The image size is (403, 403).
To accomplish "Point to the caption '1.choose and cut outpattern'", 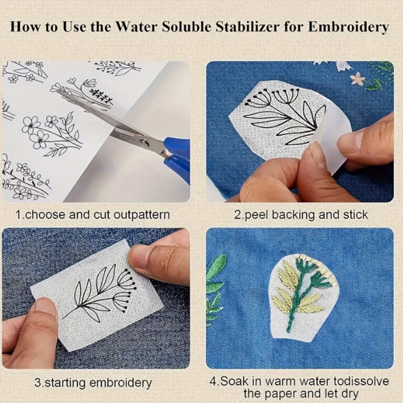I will click(x=92, y=214).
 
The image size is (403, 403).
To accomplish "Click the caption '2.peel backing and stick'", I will click(x=301, y=214).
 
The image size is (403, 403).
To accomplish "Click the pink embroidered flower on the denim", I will click(x=357, y=79).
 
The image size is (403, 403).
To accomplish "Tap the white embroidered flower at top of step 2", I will click(x=343, y=66).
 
